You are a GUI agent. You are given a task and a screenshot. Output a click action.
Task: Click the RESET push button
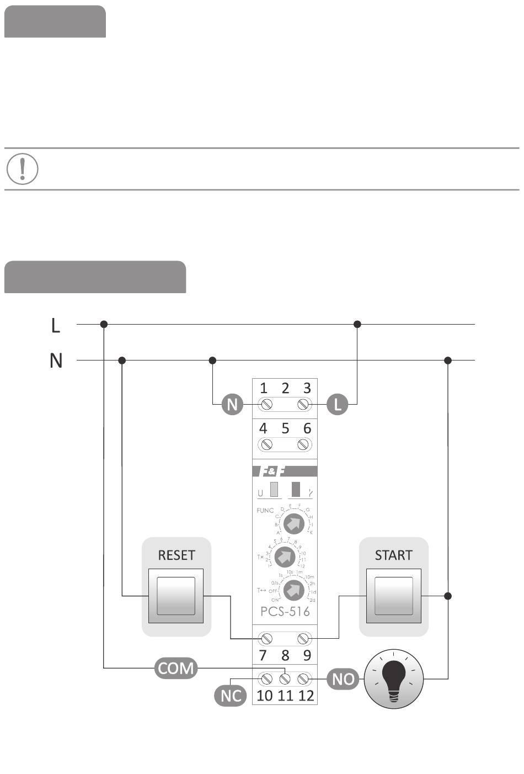176,596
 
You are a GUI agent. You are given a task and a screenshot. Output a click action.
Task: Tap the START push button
393,596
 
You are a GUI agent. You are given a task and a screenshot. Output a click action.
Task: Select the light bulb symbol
393,678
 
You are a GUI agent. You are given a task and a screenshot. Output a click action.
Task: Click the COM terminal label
176,668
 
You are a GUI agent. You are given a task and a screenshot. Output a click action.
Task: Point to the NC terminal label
231,695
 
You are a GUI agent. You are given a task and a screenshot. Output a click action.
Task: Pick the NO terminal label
343,678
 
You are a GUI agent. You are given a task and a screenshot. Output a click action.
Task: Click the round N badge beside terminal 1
232,405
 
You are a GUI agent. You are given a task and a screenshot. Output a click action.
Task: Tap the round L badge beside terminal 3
338,405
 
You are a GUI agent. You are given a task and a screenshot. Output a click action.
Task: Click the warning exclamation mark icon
22,168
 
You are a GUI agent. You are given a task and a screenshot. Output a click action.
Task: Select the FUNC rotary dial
294,522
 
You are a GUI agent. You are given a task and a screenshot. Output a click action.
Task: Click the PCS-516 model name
285,611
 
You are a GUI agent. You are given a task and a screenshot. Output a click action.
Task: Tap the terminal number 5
285,428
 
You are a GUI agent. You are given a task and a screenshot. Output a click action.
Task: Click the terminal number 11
285,695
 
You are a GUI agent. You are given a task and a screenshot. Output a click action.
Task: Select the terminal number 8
285,655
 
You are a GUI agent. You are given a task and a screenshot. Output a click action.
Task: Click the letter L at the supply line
55,325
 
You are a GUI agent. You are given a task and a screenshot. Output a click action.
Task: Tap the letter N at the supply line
56,361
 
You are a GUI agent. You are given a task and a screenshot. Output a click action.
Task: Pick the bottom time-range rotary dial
294,590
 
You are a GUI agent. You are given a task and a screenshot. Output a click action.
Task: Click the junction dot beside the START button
448,596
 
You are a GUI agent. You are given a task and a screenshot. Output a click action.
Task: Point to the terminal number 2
285,388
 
